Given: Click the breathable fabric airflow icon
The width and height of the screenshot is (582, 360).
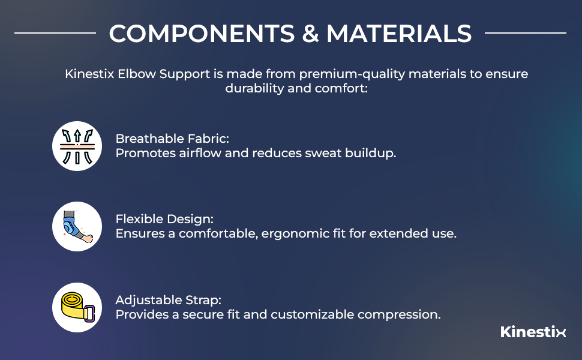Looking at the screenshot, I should (77, 146).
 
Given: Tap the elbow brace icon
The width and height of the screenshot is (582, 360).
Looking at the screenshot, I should (77, 226).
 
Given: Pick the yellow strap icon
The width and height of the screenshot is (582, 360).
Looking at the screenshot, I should (77, 307).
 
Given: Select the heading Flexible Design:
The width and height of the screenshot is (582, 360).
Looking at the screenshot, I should (164, 219).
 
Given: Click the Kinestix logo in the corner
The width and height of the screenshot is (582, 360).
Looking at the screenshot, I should (533, 332).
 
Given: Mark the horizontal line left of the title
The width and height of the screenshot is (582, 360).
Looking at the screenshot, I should (55, 33).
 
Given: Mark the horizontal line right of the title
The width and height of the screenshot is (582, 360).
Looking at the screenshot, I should (525, 33).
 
